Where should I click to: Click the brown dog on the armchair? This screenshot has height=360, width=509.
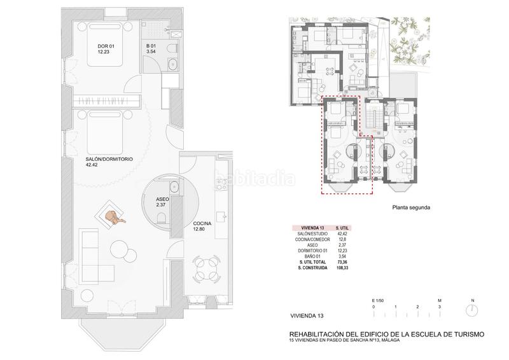click(x=114, y=218)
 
